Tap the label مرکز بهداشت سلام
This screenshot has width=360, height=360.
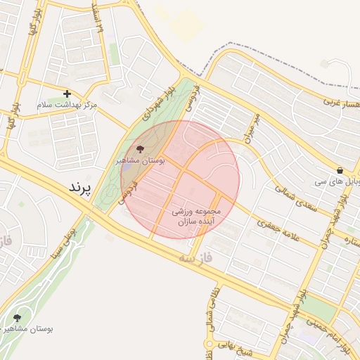click(x=67, y=105)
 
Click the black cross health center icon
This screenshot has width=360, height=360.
click(x=67, y=94)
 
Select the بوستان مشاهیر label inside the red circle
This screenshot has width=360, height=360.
click(x=140, y=161)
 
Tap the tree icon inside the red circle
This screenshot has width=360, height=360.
click(x=139, y=149)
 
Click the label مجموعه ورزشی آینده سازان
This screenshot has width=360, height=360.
click(x=196, y=216)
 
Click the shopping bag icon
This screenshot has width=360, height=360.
click(x=340, y=170)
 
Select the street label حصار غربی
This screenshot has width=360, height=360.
click(x=342, y=104)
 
